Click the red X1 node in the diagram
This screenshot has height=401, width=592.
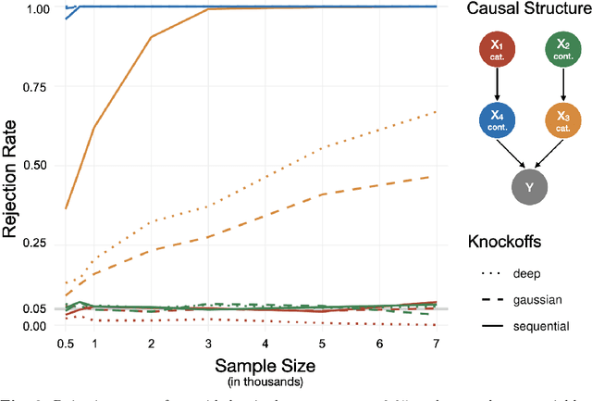(x=500, y=50)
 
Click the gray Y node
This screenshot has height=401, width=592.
(x=529, y=187)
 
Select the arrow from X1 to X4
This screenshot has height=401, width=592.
(x=500, y=85)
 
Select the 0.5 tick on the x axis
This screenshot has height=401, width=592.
(x=65, y=342)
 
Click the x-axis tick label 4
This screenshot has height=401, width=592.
(x=265, y=342)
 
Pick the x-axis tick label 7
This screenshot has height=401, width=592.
(x=436, y=342)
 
